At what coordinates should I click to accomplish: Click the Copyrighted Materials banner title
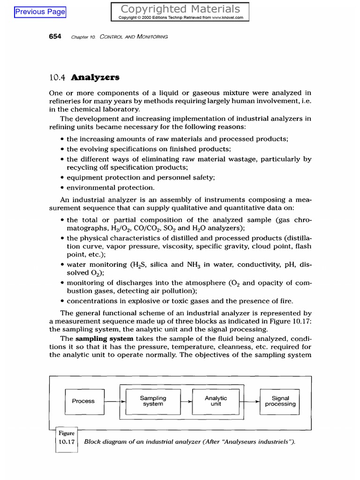point(180,9)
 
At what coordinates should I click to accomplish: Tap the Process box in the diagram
point(83,401)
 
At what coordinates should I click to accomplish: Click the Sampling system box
point(153,401)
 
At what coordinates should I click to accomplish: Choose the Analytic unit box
point(216,401)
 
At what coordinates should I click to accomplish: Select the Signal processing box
point(280,401)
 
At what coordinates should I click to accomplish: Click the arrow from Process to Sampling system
point(115,402)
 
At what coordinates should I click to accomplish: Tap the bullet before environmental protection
point(63,188)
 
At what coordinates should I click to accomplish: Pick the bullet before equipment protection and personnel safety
point(63,178)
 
